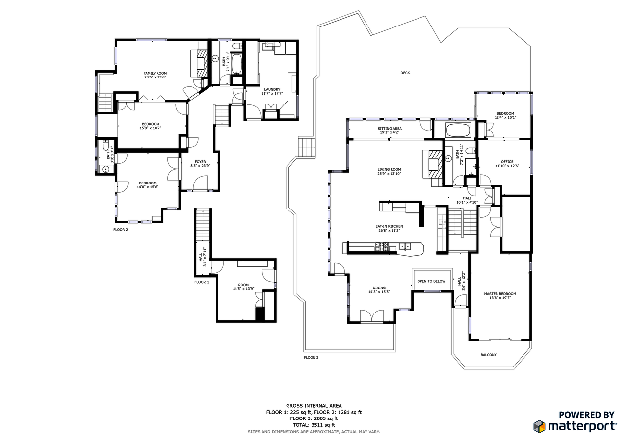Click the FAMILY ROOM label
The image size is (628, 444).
click(155, 73)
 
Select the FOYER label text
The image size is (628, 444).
click(200, 162)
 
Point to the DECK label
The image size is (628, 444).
click(405, 73)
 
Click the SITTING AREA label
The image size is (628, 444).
click(390, 128)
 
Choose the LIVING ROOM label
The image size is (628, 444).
click(390, 170)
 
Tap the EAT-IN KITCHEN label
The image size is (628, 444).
click(389, 226)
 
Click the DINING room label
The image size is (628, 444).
click(379, 288)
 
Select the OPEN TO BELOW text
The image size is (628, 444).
click(431, 281)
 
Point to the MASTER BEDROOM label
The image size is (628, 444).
click(500, 294)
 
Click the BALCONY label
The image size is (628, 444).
click(488, 355)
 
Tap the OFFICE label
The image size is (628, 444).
click(507, 162)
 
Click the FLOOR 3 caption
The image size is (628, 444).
click(311, 358)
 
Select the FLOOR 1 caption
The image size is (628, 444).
click(202, 282)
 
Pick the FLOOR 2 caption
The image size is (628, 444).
click(121, 229)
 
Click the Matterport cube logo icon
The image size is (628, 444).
click(540, 426)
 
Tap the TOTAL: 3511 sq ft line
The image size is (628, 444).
click(314, 425)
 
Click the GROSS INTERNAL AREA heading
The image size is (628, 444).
click(314, 406)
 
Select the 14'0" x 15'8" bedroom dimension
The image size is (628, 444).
click(148, 187)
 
